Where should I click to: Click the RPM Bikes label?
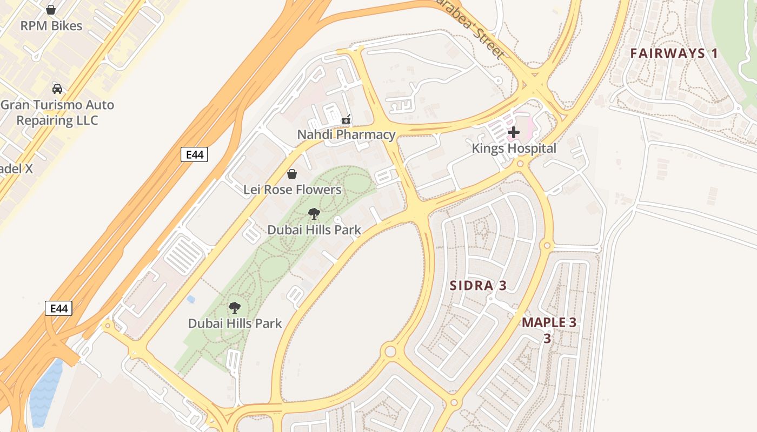click(x=51, y=26)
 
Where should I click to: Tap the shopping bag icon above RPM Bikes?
click(x=51, y=10)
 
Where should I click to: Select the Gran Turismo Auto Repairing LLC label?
click(x=57, y=112)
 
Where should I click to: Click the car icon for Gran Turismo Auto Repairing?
click(x=57, y=89)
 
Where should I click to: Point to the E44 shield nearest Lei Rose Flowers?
click(x=194, y=155)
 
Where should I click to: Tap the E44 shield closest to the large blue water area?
click(x=58, y=308)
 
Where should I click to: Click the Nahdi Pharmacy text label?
click(x=346, y=134)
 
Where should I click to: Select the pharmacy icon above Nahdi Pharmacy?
click(x=346, y=119)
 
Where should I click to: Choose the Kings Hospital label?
click(x=514, y=148)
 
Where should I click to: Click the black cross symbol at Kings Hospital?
click(x=514, y=132)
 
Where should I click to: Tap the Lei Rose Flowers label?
click(x=292, y=190)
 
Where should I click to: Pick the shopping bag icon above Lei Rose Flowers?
click(x=292, y=173)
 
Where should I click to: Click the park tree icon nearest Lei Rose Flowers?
click(x=314, y=214)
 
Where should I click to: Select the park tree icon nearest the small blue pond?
click(x=234, y=308)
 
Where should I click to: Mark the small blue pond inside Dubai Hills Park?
click(x=190, y=299)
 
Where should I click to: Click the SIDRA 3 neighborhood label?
click(x=478, y=286)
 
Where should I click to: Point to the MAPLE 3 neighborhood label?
click(x=549, y=323)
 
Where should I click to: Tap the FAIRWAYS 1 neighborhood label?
click(x=674, y=53)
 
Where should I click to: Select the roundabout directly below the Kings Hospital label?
click(x=520, y=164)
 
